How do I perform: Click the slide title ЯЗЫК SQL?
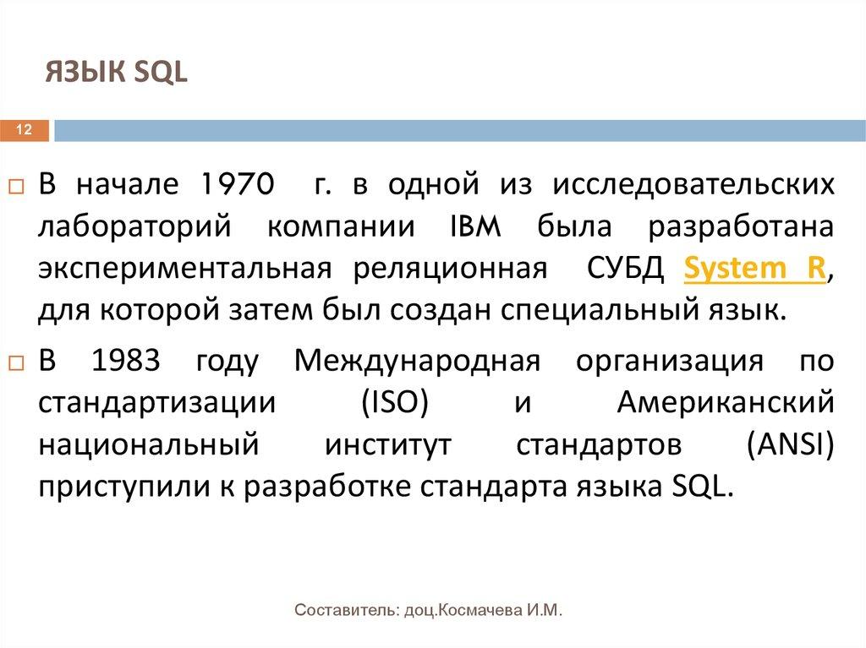[x=117, y=74]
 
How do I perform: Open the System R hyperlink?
[x=754, y=270]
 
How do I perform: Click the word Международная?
[x=417, y=361]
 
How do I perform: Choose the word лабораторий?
[x=134, y=227]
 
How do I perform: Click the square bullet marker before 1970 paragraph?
[x=17, y=185]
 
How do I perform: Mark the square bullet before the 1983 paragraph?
[x=17, y=362]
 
